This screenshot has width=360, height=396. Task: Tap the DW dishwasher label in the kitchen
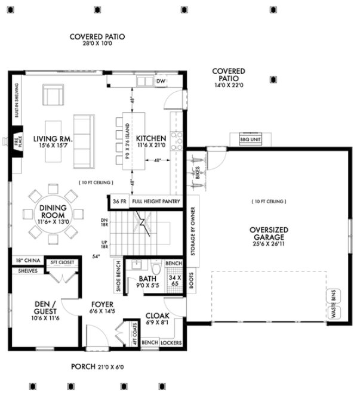point(160,81)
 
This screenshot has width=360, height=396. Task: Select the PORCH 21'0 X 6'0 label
point(97,367)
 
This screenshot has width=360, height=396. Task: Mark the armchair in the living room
point(53,95)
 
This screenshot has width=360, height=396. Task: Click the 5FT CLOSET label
point(62,261)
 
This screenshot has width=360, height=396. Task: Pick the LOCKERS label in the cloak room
point(171,343)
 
